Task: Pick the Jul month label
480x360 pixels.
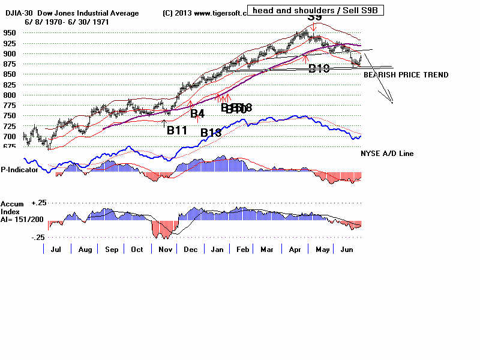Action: click(58, 248)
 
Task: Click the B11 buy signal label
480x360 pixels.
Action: click(178, 130)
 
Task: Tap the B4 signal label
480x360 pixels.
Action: click(197, 113)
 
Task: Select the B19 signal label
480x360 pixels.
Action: click(319, 68)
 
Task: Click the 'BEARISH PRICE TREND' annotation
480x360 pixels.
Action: click(406, 75)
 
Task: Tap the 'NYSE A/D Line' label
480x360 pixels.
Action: click(387, 154)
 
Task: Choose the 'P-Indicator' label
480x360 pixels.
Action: click(20, 170)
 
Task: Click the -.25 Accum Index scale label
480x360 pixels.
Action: click(37, 238)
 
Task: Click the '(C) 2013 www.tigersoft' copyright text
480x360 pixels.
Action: click(205, 13)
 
